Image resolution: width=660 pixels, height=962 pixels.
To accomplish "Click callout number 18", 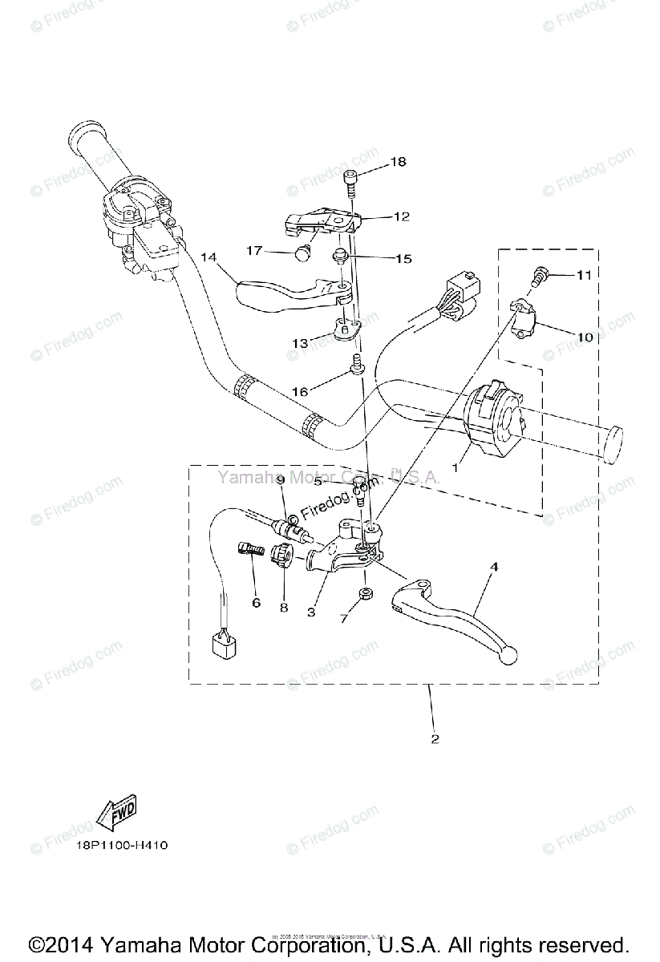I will pos(399,163).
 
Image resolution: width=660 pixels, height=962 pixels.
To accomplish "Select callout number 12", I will pos(401,216).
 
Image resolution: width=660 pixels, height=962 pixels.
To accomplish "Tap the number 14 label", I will pos(209,257).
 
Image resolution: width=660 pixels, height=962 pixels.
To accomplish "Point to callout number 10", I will pos(584,337).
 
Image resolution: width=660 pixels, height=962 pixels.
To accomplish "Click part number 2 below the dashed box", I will pos(435,739).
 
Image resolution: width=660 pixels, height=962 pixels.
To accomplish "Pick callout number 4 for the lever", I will pos(495,567).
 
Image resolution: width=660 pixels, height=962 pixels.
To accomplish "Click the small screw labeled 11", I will pos(540,277).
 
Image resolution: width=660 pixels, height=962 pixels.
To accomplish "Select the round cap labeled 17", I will pos(302,254).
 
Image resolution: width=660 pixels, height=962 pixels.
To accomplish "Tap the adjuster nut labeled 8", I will pos(281,554).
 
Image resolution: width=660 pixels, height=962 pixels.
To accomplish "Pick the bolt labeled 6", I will pos(252,552).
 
